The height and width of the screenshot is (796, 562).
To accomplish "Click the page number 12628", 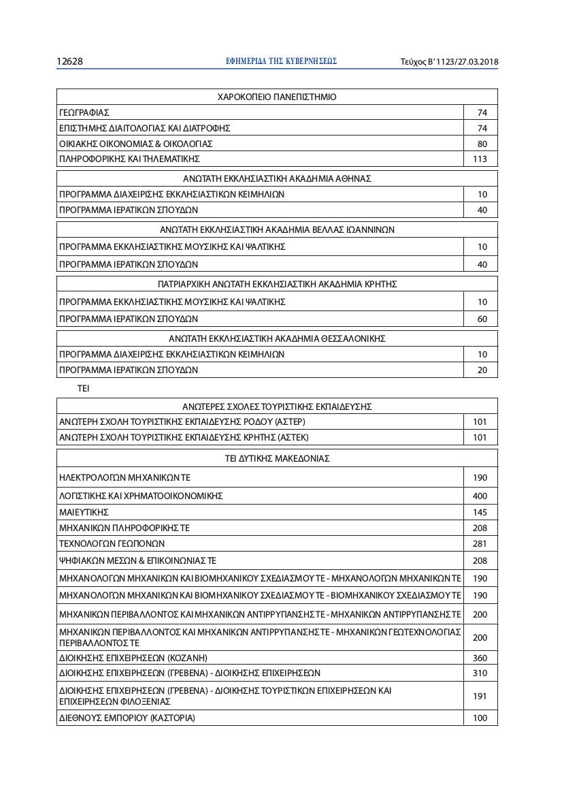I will pos(69,62).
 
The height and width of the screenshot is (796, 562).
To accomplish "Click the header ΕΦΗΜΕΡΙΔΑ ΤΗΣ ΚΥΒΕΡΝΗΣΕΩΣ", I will pos(281,61).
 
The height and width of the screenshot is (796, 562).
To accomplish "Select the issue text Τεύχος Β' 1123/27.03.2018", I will pos(449,62).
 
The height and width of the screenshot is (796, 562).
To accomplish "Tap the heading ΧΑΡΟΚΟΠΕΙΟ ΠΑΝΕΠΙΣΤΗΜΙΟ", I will pos(277,97).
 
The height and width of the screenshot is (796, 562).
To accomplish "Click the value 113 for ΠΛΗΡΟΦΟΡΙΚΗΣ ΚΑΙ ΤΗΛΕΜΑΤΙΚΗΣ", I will pos(480,159).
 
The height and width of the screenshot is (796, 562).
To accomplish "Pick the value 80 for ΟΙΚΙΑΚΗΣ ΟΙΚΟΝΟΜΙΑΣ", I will pos(482,144).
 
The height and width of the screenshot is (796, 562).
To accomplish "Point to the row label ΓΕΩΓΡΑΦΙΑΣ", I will pos(84,112).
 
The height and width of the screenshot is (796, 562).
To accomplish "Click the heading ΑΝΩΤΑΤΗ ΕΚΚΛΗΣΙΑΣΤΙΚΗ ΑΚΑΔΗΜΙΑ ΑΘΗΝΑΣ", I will pos(277,178).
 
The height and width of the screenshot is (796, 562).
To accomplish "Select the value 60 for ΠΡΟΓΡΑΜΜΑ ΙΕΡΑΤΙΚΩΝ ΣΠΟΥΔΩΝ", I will pos(482,319).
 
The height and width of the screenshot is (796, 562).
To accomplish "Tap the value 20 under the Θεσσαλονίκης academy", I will pos(482,370).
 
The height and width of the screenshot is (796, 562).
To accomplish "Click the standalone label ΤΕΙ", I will pos(84,389).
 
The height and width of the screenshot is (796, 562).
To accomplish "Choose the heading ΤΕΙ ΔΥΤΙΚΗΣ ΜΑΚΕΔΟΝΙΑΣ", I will pos(277,458).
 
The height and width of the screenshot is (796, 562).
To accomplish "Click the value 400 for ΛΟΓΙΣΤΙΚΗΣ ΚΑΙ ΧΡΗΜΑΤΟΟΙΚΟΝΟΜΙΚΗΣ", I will pos(480,496).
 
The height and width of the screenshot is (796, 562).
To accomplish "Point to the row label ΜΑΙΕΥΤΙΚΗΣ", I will pos(84,511).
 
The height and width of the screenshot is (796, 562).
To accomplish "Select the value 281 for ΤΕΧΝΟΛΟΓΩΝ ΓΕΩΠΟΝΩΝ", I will pos(480,543).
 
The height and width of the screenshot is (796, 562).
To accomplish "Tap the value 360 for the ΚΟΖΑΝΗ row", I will pos(480,658).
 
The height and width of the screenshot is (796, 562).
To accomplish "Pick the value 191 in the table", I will pos(480,696).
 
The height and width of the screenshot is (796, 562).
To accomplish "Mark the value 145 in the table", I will pos(480,511).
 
